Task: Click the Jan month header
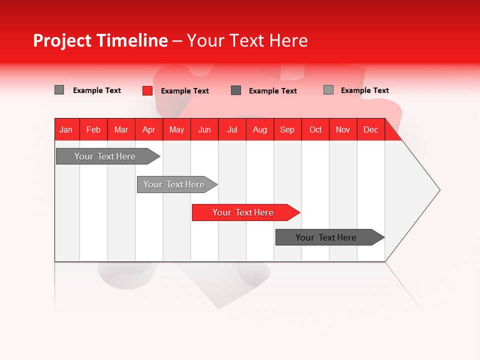66,129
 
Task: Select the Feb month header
93,129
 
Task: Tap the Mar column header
121,129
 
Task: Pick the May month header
176,129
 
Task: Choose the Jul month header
232,129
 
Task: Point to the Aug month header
259,129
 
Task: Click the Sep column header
287,129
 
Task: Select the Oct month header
315,129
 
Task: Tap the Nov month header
343,129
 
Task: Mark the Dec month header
370,129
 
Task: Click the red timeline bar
242,212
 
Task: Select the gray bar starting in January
105,156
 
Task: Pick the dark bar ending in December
326,237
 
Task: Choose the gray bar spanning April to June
174,184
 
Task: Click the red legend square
147,90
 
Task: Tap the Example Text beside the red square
184,91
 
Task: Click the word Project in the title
61,40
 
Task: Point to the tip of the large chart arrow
439,190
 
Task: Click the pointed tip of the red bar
299,212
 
